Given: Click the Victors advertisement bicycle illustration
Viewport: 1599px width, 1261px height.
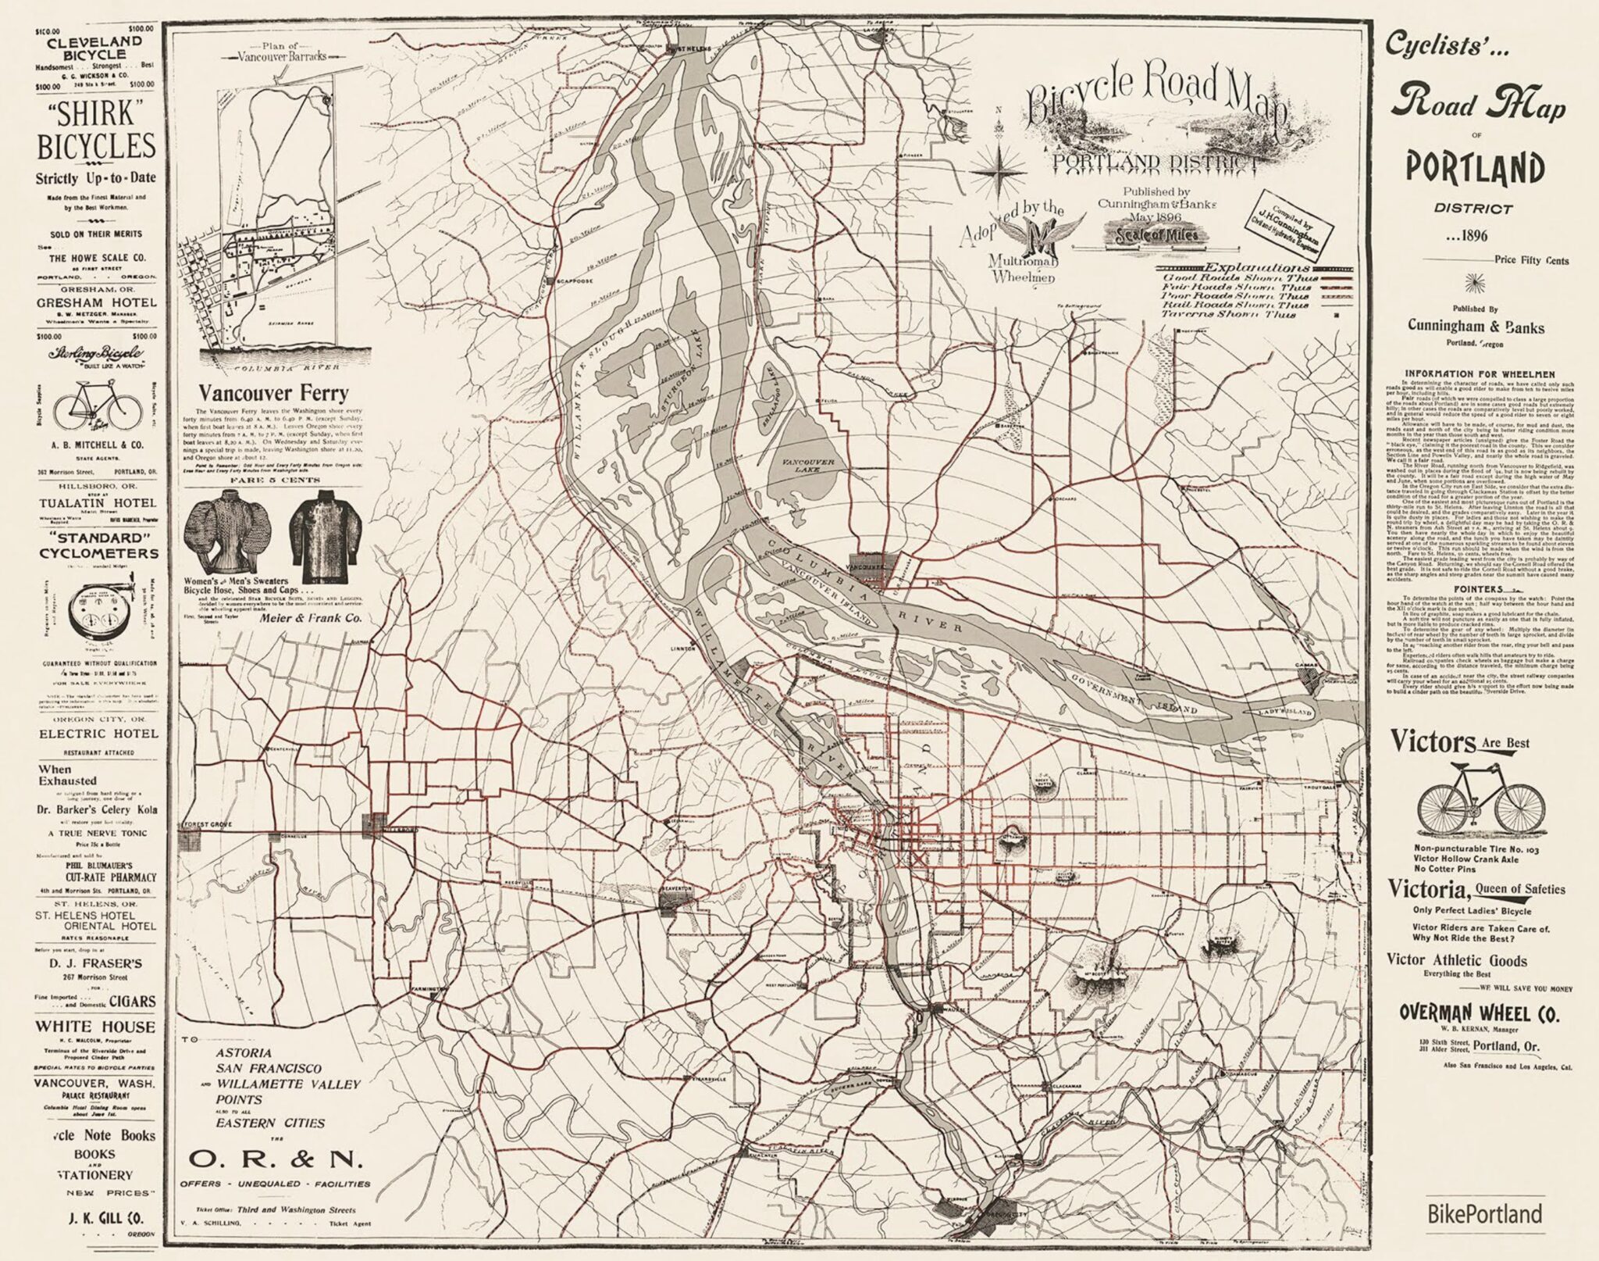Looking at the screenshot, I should pyautogui.click(x=1466, y=801).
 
